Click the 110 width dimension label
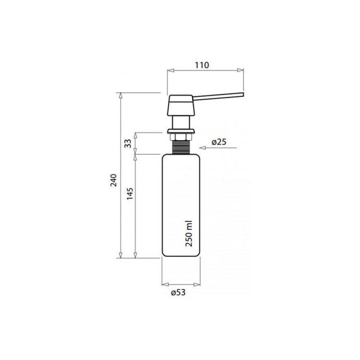(202, 65)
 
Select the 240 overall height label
(114, 180)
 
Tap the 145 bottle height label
(130, 193)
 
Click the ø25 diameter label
(219, 142)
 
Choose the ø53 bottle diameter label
(178, 292)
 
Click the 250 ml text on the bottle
(189, 233)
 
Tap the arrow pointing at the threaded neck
(217, 148)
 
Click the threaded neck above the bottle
(181, 147)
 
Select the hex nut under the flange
(181, 137)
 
